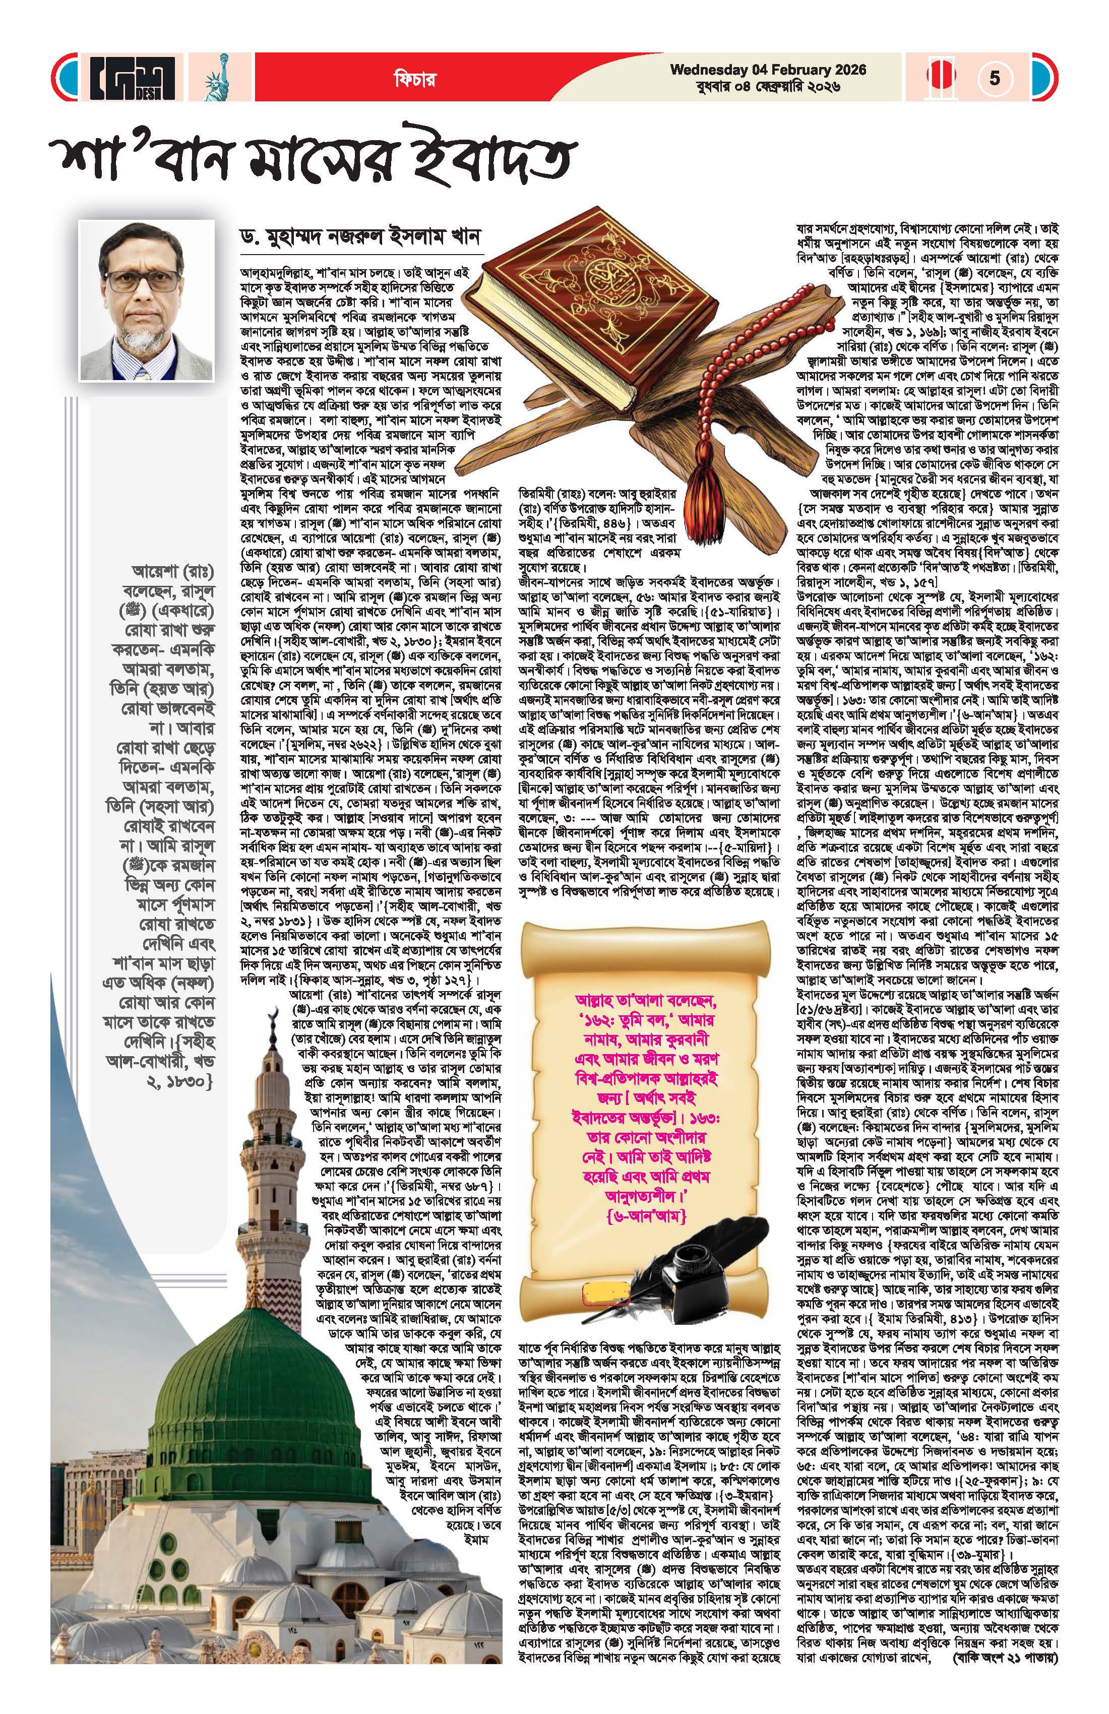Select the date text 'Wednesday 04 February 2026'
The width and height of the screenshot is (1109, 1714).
[x=768, y=71]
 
